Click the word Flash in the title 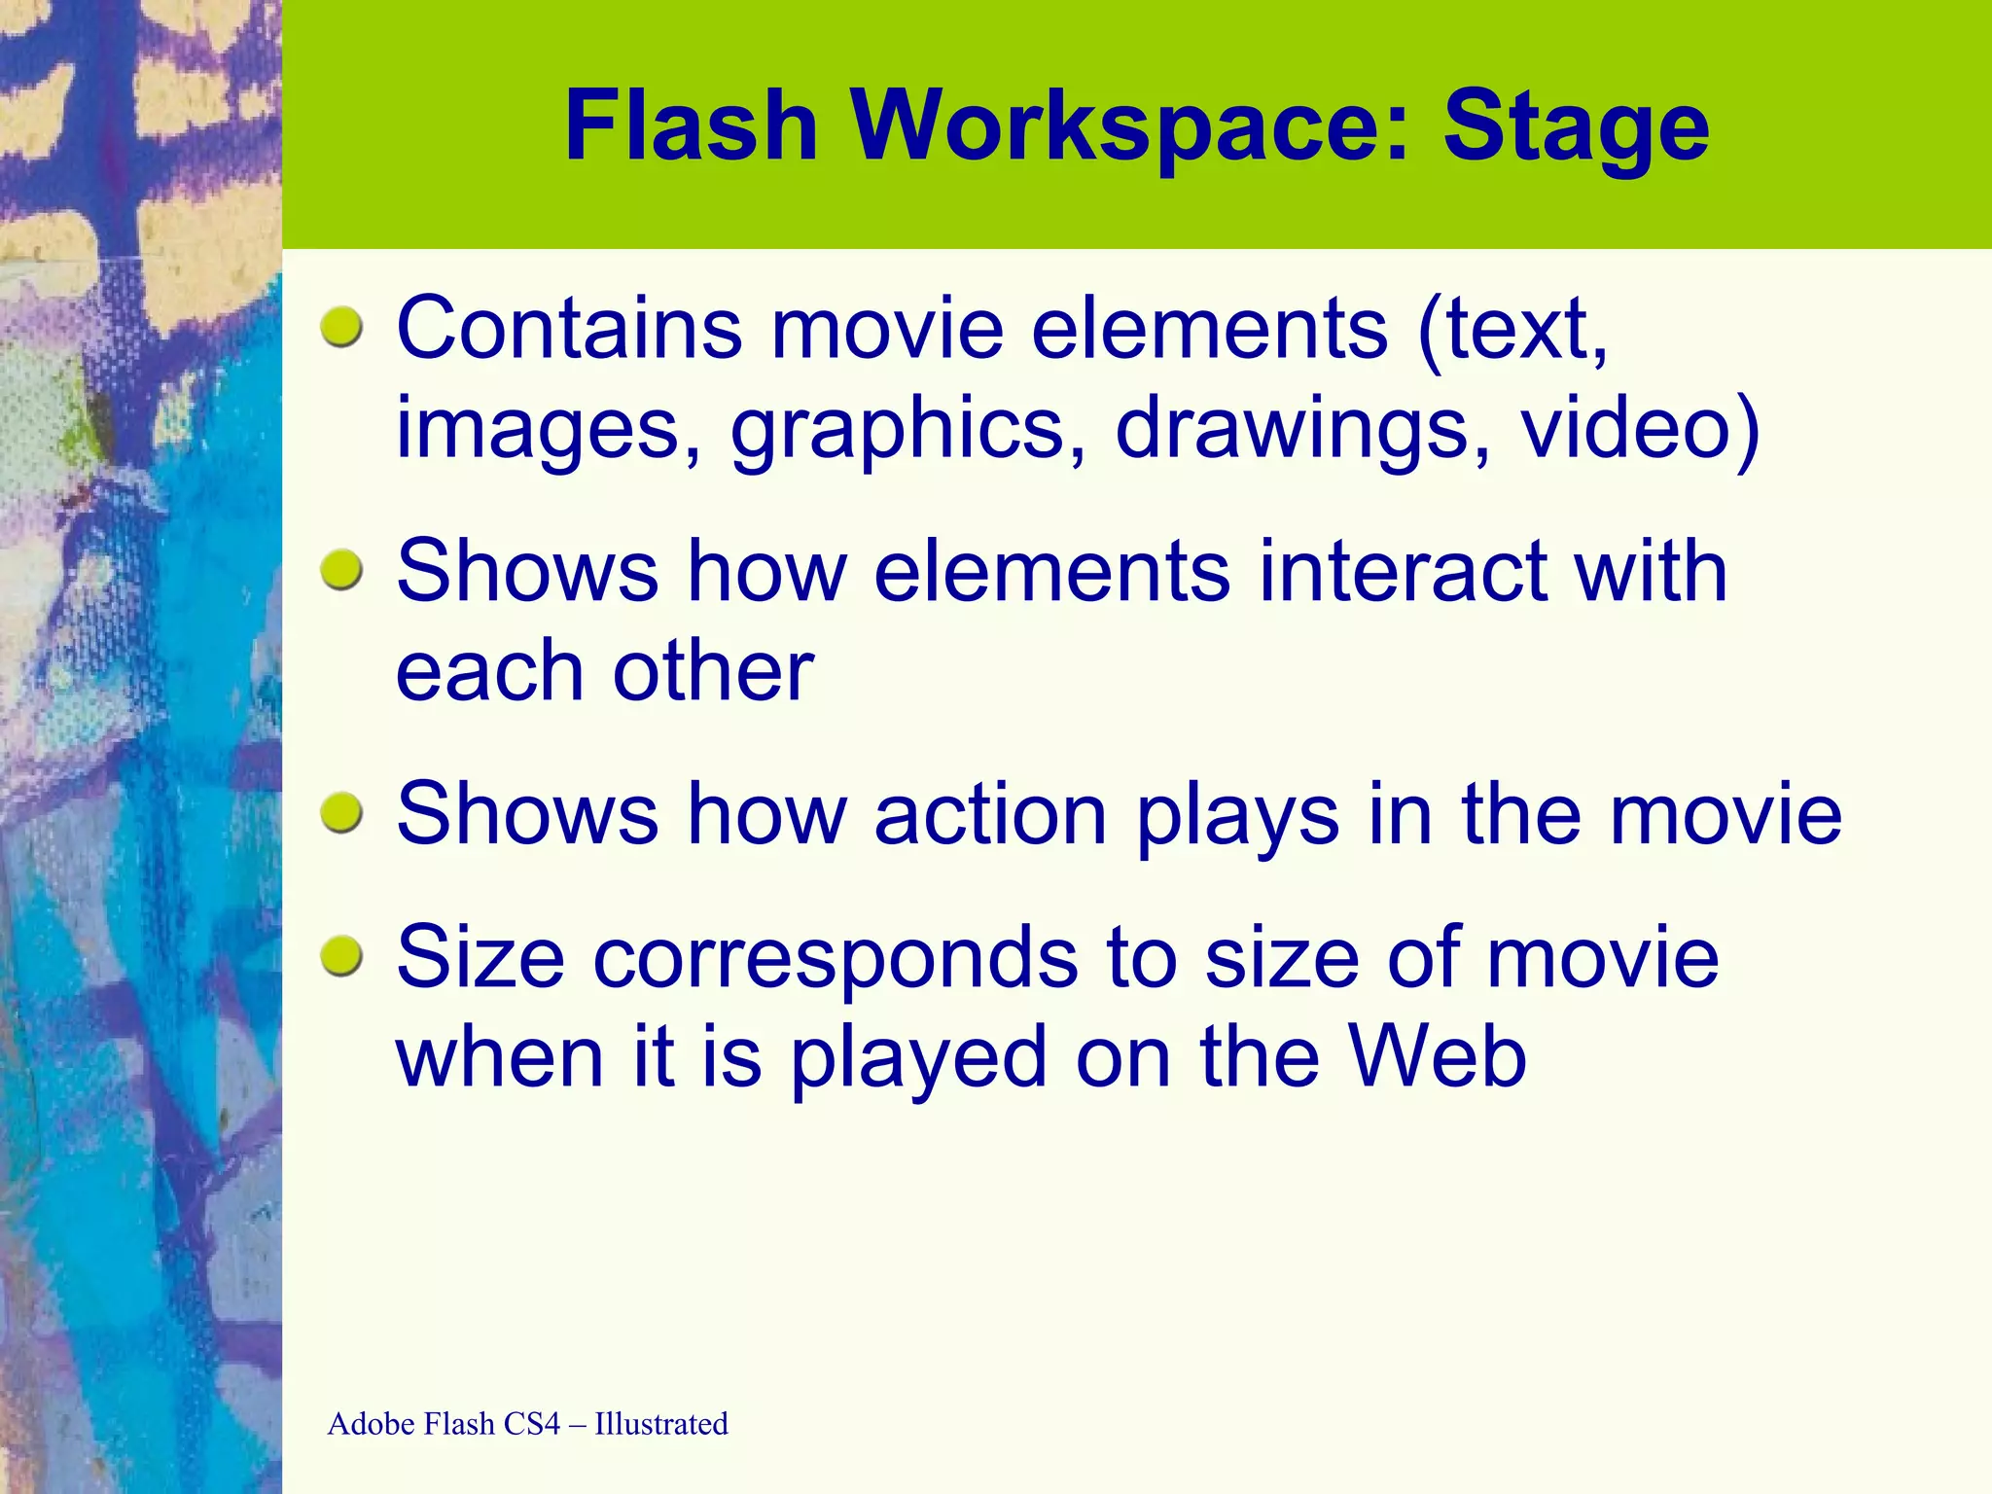pos(691,126)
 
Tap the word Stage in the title pos(1576,126)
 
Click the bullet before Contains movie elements pos(341,327)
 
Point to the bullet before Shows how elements pos(341,569)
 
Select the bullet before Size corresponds pos(341,956)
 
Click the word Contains pos(570,329)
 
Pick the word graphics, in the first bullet pos(909,429)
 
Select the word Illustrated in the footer pos(660,1424)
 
